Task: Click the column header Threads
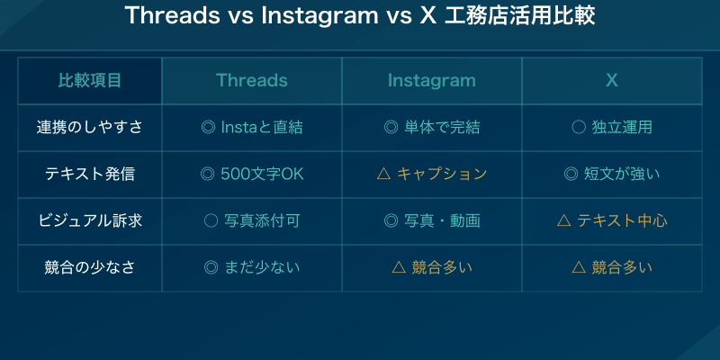tap(252, 80)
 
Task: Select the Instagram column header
tap(432, 80)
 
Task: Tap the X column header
tap(612, 80)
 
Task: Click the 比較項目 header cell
tap(90, 80)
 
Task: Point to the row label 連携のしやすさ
tap(90, 127)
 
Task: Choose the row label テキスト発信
tap(90, 174)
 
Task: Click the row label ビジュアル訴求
tap(90, 220)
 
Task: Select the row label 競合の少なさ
tap(90, 267)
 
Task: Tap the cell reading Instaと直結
tap(252, 127)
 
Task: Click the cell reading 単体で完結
tap(432, 127)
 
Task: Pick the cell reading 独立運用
tap(612, 127)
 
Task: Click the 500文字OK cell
tap(252, 174)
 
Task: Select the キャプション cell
tap(432, 174)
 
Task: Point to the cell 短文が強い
tap(612, 174)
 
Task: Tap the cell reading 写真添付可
tap(252, 220)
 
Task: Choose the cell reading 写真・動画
tap(432, 220)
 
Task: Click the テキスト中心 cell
tap(612, 220)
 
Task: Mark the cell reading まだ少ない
tap(252, 267)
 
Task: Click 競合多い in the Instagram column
tap(432, 267)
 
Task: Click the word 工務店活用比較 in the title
tap(519, 17)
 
